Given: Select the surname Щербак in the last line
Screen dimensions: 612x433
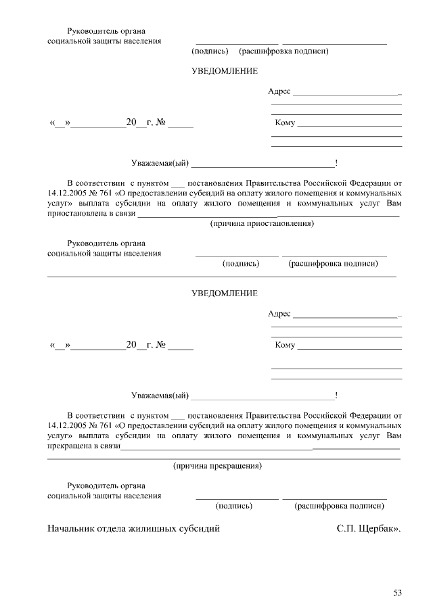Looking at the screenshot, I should (x=377, y=528).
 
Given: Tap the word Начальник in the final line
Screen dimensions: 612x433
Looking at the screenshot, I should (x=70, y=528).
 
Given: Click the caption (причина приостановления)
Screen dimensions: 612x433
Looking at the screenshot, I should (x=262, y=223).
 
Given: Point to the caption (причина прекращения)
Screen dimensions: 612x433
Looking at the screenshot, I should (x=218, y=466).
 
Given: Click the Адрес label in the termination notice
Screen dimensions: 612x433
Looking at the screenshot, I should (x=279, y=314).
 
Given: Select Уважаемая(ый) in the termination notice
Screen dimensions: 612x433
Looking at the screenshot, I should (x=160, y=395).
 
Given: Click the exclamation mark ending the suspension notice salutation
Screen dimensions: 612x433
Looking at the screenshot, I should (x=336, y=163).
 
